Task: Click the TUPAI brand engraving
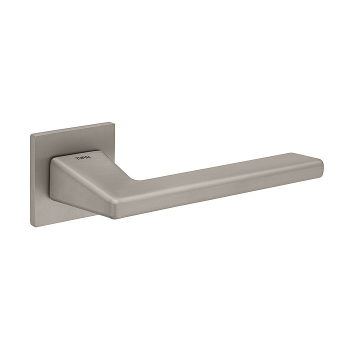[83, 157]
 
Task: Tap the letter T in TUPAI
[76, 158]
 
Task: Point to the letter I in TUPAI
[90, 157]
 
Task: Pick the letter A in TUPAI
[87, 157]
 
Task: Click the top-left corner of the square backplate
[30, 134]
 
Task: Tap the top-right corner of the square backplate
[114, 123]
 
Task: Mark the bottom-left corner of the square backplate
[31, 226]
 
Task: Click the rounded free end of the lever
[321, 167]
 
